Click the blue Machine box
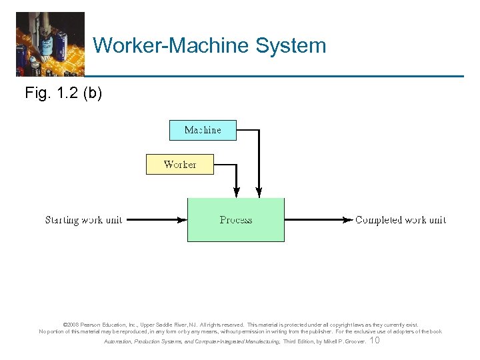tap(203, 130)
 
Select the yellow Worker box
tap(180, 164)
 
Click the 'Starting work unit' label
tap(83, 220)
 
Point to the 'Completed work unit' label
tap(400, 220)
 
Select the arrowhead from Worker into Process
tap(235, 193)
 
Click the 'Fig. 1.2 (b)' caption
tap(63, 93)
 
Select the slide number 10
tap(375, 341)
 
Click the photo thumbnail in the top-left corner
tap(50, 44)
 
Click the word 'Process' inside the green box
tap(235, 220)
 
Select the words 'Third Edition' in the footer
tap(298, 341)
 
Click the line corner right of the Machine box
tap(258, 130)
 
